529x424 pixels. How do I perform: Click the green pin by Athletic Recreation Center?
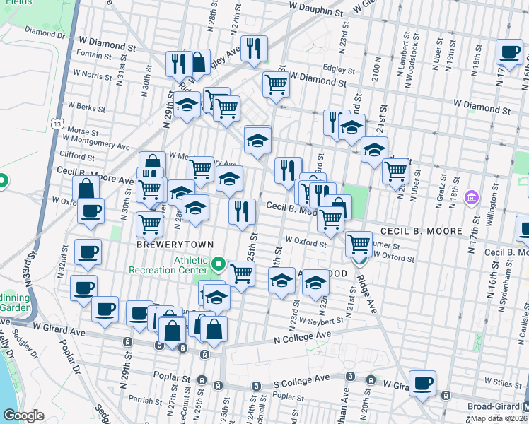219,266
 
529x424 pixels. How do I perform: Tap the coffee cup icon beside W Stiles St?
422,384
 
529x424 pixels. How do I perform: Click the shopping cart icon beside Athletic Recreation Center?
241,273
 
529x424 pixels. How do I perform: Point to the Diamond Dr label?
45,32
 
